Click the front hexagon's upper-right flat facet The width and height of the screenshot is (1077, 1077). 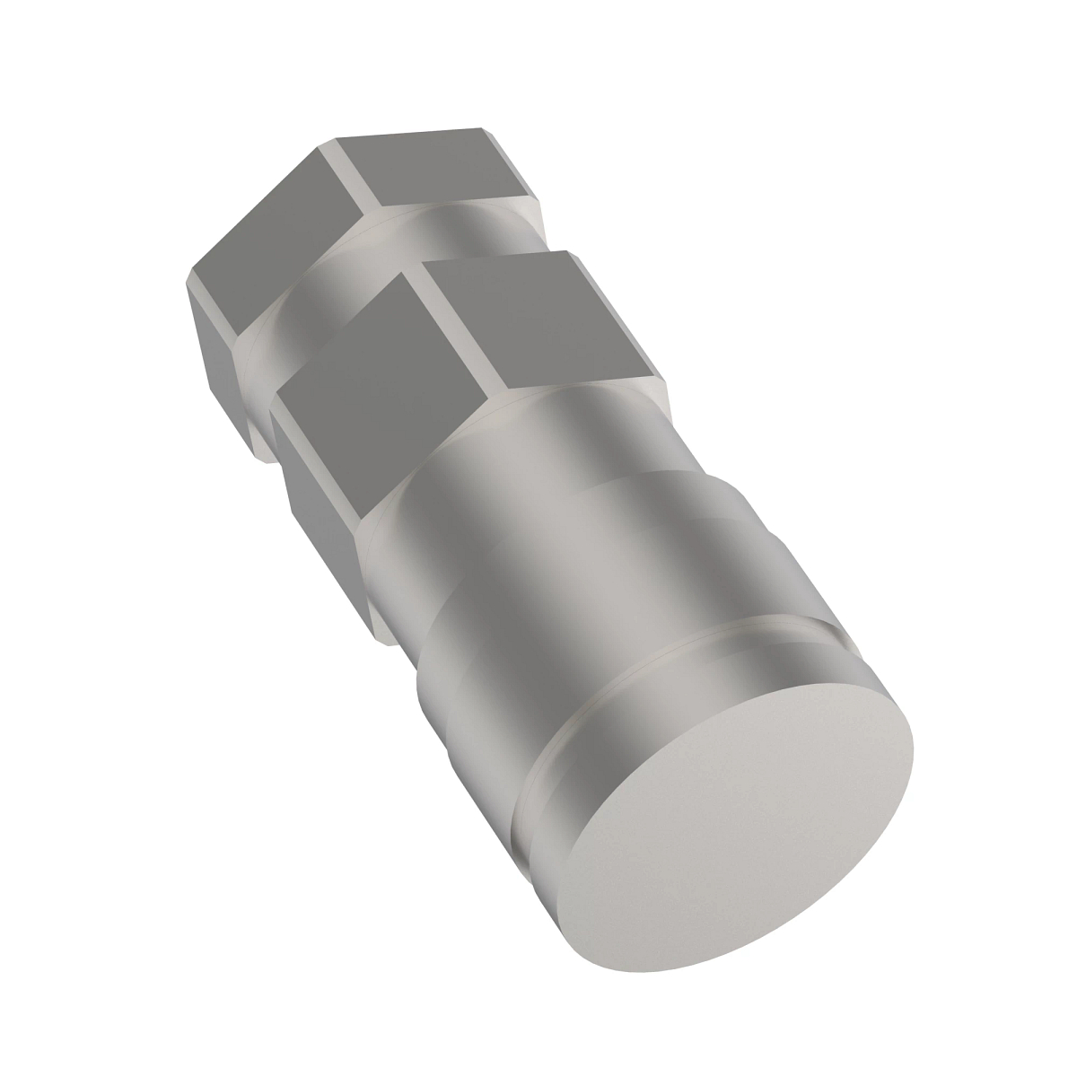click(x=530, y=323)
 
